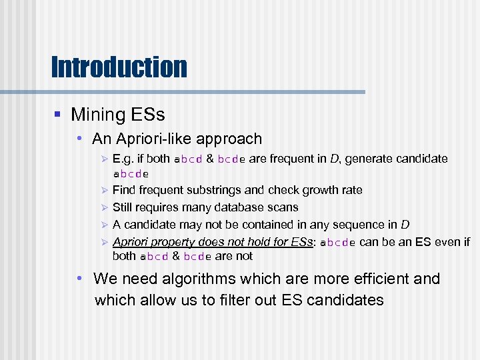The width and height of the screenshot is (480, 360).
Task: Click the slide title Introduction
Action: click(119, 67)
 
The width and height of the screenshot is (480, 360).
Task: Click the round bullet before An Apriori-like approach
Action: click(79, 139)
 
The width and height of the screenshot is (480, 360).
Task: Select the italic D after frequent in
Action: click(335, 159)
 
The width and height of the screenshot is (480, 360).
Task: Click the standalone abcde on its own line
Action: click(131, 174)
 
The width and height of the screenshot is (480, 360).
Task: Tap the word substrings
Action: click(207, 190)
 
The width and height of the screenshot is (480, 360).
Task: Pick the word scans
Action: click(283, 207)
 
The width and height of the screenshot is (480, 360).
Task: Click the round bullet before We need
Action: click(79, 279)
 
